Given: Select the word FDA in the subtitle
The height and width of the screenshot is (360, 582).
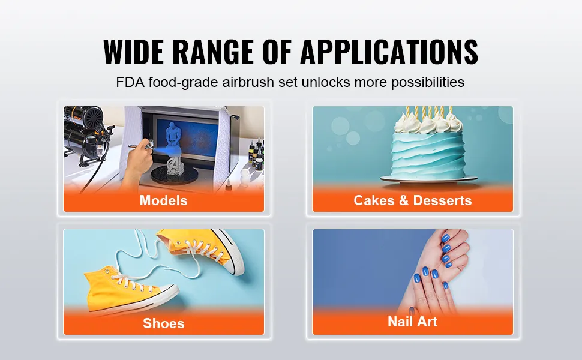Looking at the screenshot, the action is click(x=130, y=82).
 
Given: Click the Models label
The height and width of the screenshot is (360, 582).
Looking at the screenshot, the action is click(x=163, y=200).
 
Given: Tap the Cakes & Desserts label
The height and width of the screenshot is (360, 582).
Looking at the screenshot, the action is click(x=412, y=200).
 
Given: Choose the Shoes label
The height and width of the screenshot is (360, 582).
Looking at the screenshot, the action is click(x=164, y=323).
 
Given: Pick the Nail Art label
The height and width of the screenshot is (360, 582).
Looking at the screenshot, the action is click(x=412, y=322).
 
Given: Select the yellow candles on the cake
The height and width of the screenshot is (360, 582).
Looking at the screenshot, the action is click(x=429, y=112).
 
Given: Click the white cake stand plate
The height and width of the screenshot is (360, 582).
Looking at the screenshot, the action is click(x=429, y=179).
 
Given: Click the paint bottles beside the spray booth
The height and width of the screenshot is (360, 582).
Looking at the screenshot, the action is click(x=256, y=152).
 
